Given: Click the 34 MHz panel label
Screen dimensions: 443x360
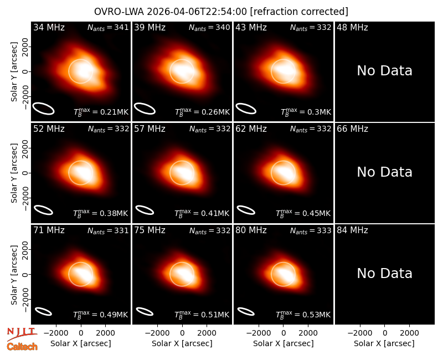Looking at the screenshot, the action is [49, 27].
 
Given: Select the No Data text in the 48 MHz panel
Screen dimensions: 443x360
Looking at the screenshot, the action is [384, 70].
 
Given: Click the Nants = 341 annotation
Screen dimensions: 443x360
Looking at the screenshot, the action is [108, 27].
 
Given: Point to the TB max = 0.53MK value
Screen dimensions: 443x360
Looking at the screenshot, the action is [303, 314].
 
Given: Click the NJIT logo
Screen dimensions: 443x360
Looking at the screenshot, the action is [22, 333].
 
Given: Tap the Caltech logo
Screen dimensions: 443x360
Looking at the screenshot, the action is [22, 347].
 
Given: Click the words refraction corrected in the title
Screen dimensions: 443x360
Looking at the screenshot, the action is [299, 12].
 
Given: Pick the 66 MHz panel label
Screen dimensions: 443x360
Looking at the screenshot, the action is [352, 129].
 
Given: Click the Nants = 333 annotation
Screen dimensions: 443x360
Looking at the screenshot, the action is [311, 230].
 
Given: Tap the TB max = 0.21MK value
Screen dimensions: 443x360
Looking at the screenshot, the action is [101, 111].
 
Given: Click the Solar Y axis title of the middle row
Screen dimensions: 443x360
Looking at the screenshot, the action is [14, 173].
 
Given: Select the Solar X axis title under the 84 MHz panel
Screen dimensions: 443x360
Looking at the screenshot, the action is [384, 343].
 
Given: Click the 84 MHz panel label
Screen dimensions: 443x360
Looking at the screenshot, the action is [352, 230].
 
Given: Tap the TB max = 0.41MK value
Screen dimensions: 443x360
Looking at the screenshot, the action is [202, 213].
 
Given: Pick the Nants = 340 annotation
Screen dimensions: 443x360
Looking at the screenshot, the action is [210, 27].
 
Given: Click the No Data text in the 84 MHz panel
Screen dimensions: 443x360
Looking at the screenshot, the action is [384, 273].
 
